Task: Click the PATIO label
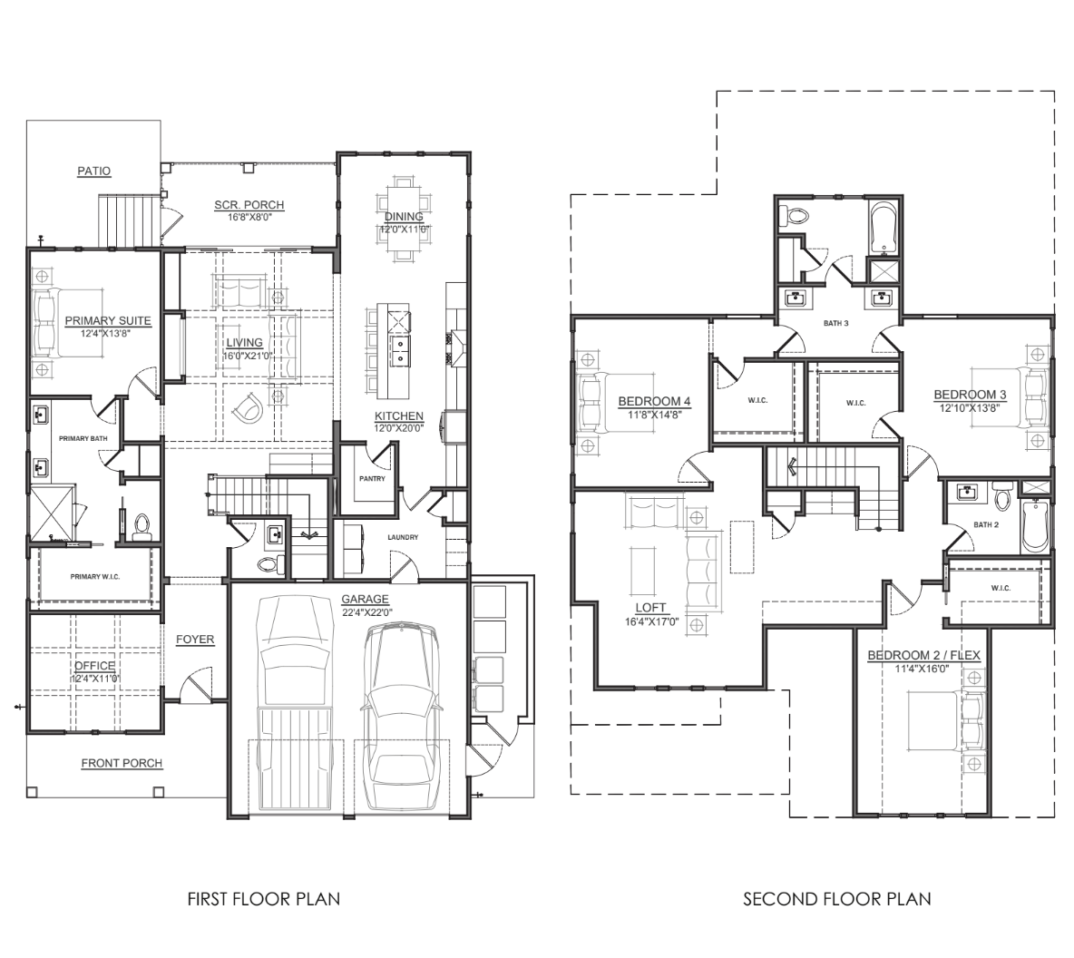pos(93,171)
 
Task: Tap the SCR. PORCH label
pos(249,205)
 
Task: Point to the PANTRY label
pos(372,478)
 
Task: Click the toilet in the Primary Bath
pos(141,525)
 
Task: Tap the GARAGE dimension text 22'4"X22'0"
pos(365,611)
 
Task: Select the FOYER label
pos(195,640)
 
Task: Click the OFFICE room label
pos(94,666)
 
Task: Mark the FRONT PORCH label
pos(122,763)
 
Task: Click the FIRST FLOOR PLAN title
pos(263,899)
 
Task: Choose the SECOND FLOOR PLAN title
pos(836,899)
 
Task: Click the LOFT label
pos(651,608)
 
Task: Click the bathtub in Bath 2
pos(1035,526)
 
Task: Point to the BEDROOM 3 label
pos(970,395)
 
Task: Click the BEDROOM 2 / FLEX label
pos(923,655)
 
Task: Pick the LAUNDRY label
pos(402,537)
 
